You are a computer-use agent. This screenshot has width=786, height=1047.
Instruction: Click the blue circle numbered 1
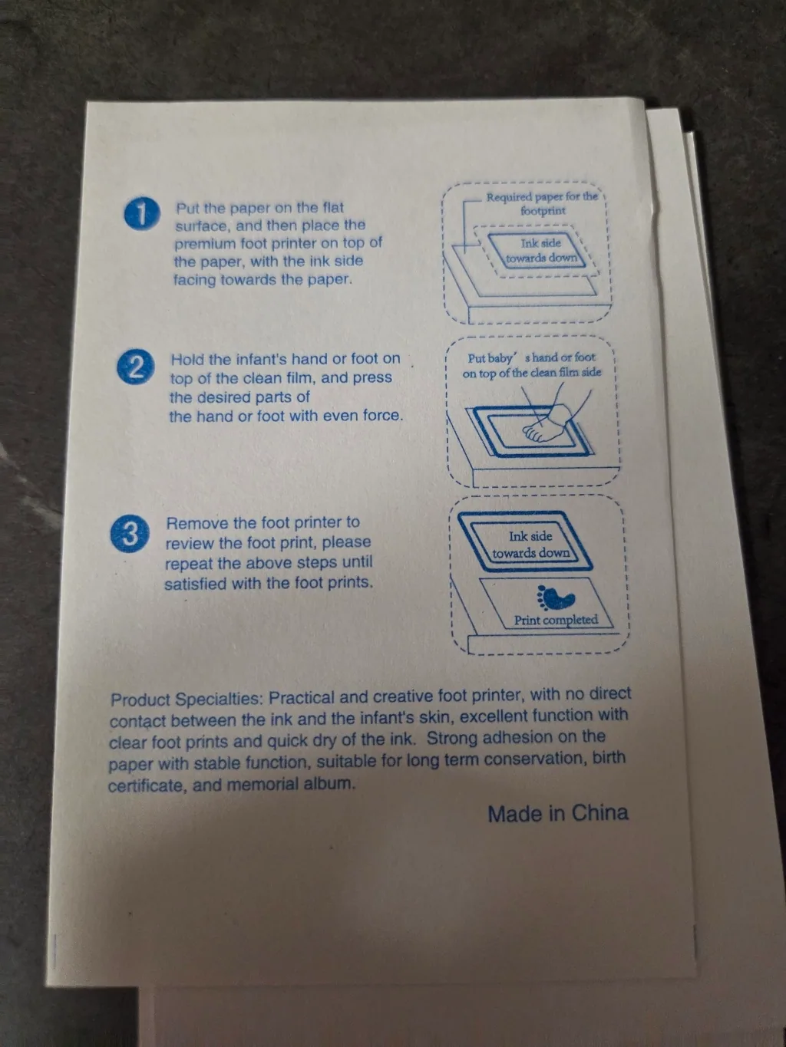pos(142,214)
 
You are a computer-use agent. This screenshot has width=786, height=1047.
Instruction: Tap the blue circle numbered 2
pos(136,367)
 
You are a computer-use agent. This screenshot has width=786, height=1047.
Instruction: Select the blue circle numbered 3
pos(130,534)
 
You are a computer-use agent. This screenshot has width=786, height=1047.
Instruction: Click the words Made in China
pos(557,813)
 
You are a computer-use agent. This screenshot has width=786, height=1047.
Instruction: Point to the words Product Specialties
pos(187,700)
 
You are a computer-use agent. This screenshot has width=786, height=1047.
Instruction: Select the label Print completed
pos(556,620)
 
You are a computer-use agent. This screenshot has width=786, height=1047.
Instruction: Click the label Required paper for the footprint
pos(542,204)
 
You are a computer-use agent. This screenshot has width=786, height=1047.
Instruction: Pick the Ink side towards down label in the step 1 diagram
pos(541,250)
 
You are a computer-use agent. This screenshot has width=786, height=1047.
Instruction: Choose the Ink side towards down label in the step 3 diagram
pos(530,545)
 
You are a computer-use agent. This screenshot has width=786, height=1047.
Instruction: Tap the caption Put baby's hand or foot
pos(531,357)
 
